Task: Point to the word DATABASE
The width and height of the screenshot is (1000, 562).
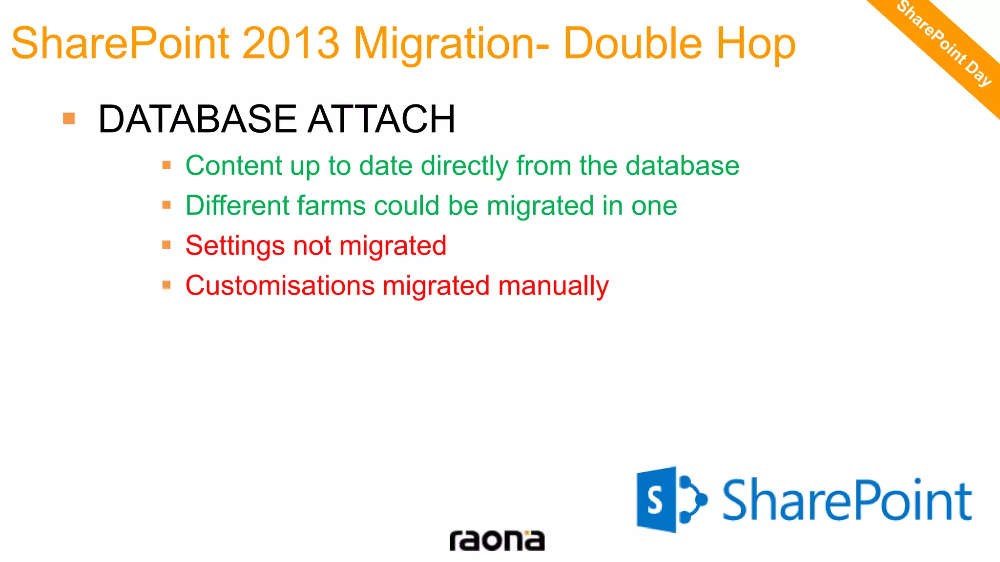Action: (x=197, y=119)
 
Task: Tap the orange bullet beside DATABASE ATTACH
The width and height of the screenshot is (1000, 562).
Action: (x=69, y=119)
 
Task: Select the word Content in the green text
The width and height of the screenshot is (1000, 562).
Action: (x=233, y=166)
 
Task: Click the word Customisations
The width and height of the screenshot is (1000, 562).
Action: (x=280, y=285)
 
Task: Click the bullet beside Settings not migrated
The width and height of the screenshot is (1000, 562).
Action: (x=167, y=244)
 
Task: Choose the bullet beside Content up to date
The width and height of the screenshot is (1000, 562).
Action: (x=167, y=165)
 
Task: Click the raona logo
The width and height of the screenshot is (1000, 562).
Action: (x=497, y=541)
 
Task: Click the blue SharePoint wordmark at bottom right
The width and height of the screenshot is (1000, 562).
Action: (x=847, y=501)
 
